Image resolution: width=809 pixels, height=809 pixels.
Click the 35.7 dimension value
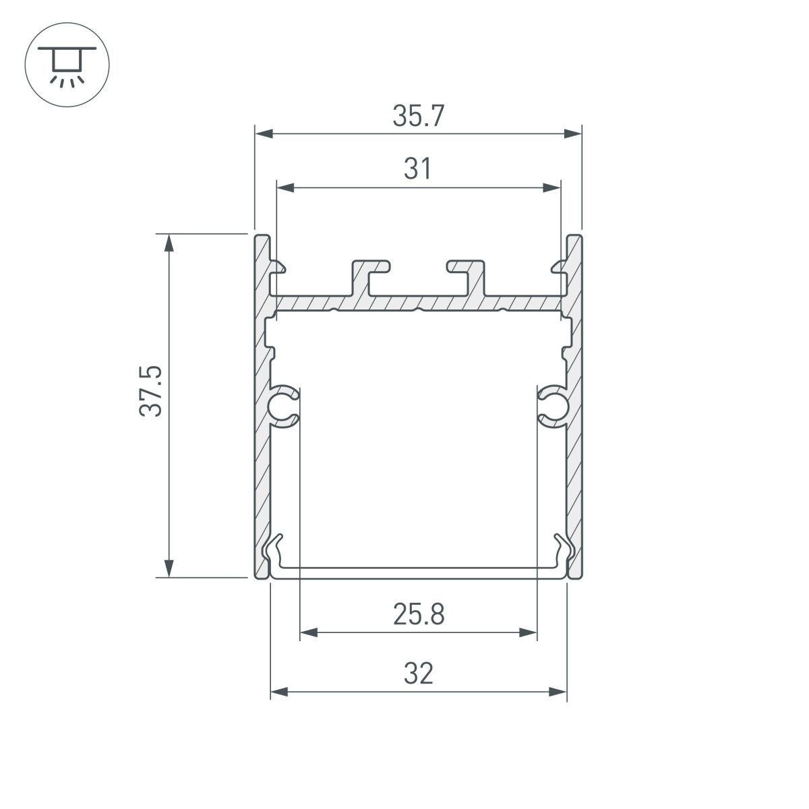pyautogui.click(x=418, y=117)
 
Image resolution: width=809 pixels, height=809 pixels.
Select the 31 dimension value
pyautogui.click(x=418, y=169)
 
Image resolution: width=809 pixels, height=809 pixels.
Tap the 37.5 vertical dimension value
pyautogui.click(x=152, y=391)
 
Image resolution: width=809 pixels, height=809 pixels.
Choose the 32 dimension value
pyautogui.click(x=418, y=673)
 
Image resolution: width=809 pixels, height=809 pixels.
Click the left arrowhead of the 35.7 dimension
pyautogui.click(x=263, y=134)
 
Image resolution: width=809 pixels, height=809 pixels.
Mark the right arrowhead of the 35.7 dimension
pyautogui.click(x=573, y=134)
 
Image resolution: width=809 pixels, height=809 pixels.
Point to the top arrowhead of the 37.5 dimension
pyautogui.click(x=169, y=243)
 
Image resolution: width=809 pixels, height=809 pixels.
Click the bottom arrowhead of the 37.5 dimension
pyautogui.click(x=169, y=568)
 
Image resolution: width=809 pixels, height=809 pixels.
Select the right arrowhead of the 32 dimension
pyautogui.click(x=558, y=692)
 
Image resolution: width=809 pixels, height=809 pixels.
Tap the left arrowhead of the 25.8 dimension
pyautogui.click(x=307, y=632)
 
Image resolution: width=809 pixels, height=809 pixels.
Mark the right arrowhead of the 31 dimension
pyautogui.click(x=552, y=187)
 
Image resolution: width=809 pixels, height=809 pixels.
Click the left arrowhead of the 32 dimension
pyautogui.click(x=278, y=692)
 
